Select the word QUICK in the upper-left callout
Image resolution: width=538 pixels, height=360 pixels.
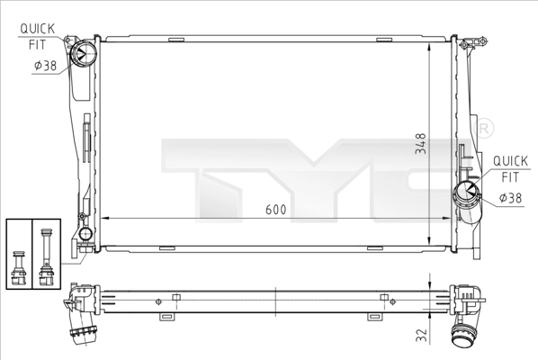[x=37, y=29]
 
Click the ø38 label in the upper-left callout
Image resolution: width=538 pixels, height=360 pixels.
[x=45, y=66]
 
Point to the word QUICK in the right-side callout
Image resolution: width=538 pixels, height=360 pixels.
[x=510, y=162]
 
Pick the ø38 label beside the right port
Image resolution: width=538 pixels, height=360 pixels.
[x=509, y=197]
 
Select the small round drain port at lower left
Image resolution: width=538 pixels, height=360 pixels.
[x=86, y=235]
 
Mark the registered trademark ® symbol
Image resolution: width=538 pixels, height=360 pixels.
[x=483, y=129]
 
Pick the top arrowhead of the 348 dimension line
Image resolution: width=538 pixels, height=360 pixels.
[x=437, y=43]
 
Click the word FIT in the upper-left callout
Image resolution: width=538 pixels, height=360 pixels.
[x=38, y=42]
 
